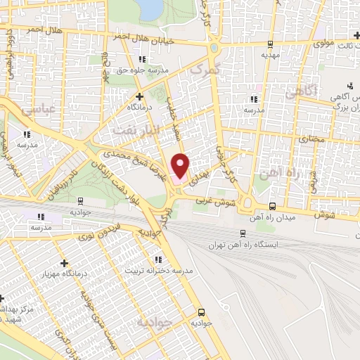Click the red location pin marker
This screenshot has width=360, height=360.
tap(181, 165)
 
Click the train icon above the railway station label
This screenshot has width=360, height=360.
tap(243, 234)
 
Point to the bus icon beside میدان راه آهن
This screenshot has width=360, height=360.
tap(273, 206)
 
